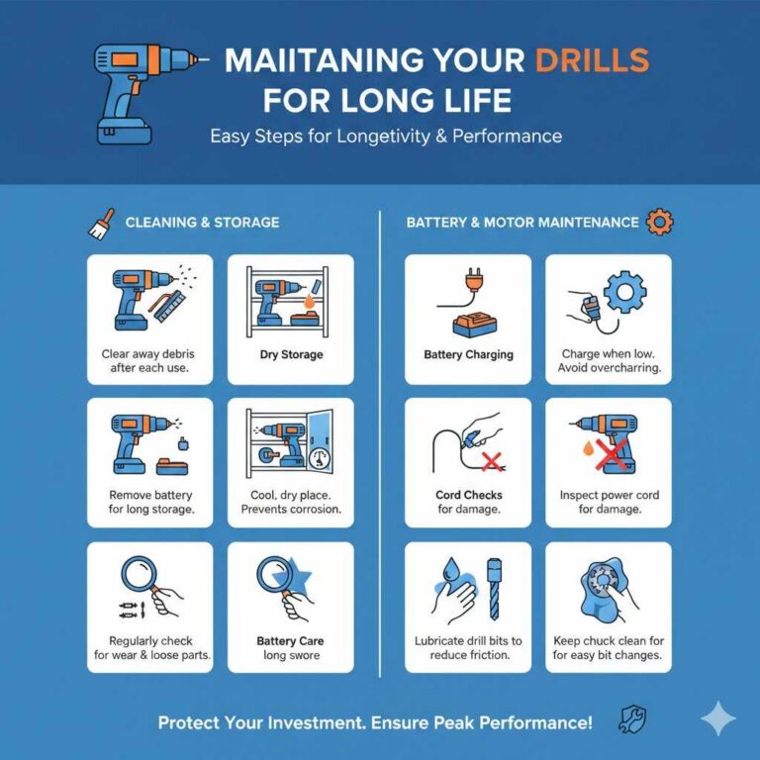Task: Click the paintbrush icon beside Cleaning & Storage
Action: (x=102, y=223)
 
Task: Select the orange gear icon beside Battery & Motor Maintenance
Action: (x=658, y=223)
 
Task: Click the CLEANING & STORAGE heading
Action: (x=202, y=223)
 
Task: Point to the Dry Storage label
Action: (x=290, y=354)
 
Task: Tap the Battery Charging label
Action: (x=468, y=354)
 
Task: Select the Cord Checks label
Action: (x=468, y=495)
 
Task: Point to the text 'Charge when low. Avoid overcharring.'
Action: (x=610, y=360)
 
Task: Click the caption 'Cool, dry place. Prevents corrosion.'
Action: (x=290, y=502)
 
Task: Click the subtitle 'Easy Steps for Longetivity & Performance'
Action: (x=386, y=136)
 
